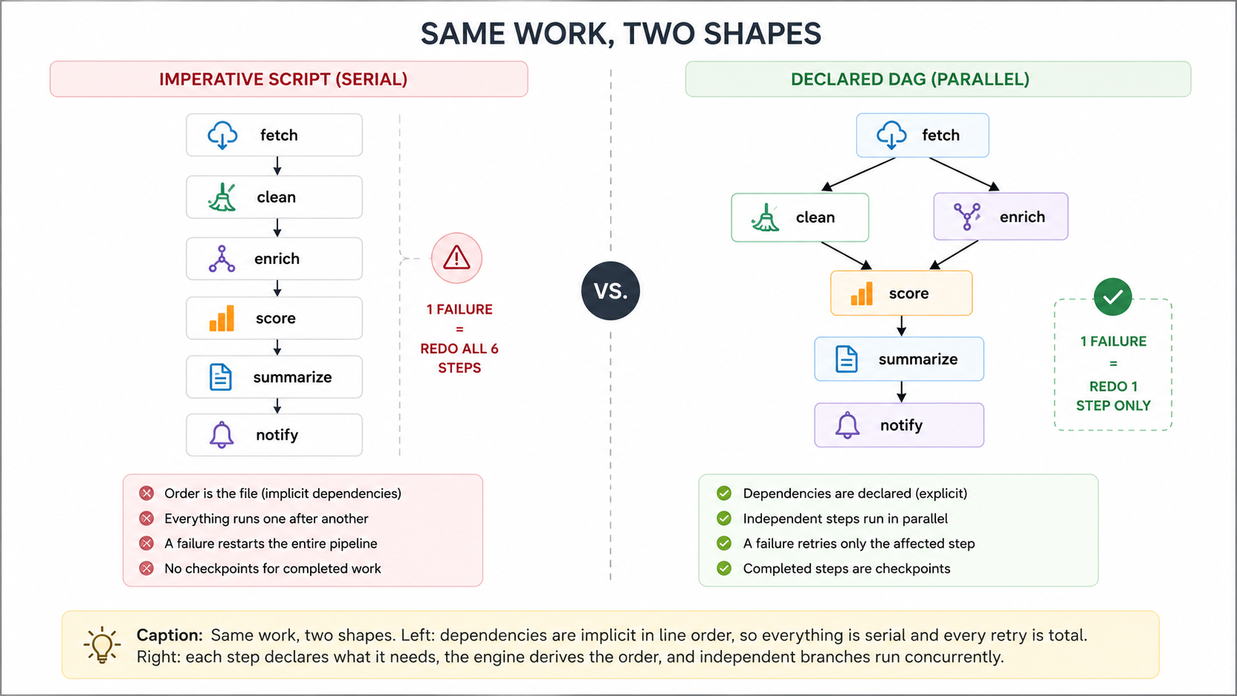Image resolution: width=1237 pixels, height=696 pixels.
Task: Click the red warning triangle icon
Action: click(x=456, y=257)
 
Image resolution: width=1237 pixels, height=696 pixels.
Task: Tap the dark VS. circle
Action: click(x=610, y=291)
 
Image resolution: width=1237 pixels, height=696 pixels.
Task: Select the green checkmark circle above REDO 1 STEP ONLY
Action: click(x=1113, y=297)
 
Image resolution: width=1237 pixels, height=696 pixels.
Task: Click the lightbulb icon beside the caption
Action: click(x=101, y=645)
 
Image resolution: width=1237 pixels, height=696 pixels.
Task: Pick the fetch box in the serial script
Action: click(x=274, y=135)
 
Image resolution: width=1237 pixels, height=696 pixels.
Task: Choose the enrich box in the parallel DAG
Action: click(x=1001, y=217)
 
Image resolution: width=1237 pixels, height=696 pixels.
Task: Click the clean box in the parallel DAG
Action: click(x=800, y=217)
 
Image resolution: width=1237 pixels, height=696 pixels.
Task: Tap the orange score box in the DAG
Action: click(x=901, y=293)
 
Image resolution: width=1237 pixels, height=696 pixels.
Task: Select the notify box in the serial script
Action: click(x=274, y=435)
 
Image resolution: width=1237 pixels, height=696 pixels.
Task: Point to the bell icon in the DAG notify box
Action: click(x=847, y=425)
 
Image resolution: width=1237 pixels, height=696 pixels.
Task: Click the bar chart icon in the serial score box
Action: click(x=221, y=319)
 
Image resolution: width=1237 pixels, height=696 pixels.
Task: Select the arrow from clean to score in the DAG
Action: click(x=846, y=256)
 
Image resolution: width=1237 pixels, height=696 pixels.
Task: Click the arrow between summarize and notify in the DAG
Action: click(x=901, y=392)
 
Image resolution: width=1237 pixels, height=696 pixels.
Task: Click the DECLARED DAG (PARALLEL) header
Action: click(x=937, y=79)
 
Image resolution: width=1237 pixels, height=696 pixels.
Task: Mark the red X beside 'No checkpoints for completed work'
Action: click(x=146, y=569)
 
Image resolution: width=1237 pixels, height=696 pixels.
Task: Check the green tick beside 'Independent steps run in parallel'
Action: click(x=724, y=518)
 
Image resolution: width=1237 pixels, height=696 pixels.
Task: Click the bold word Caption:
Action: click(x=170, y=635)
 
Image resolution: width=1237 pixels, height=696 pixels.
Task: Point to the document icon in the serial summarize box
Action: click(x=220, y=377)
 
